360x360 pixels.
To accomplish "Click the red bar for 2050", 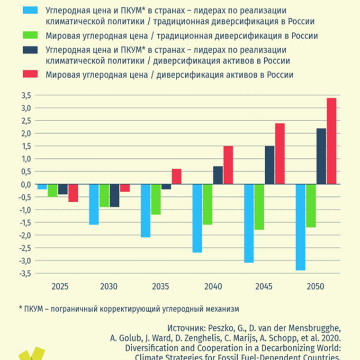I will (x=332, y=141).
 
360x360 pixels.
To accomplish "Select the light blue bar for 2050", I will (x=300, y=227).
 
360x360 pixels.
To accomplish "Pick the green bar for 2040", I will (x=207, y=204).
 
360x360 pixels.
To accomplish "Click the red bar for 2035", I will (x=176, y=176).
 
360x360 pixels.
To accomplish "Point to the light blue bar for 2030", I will (x=93, y=204).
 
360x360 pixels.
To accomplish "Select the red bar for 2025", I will (x=73, y=193).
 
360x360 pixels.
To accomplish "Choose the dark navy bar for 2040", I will (x=218, y=175).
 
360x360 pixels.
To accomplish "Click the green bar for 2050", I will (x=311, y=206).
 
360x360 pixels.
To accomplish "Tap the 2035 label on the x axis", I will (x=161, y=287).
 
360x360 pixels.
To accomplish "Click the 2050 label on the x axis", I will (x=316, y=287).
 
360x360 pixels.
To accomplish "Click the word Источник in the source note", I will (x=184, y=327).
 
